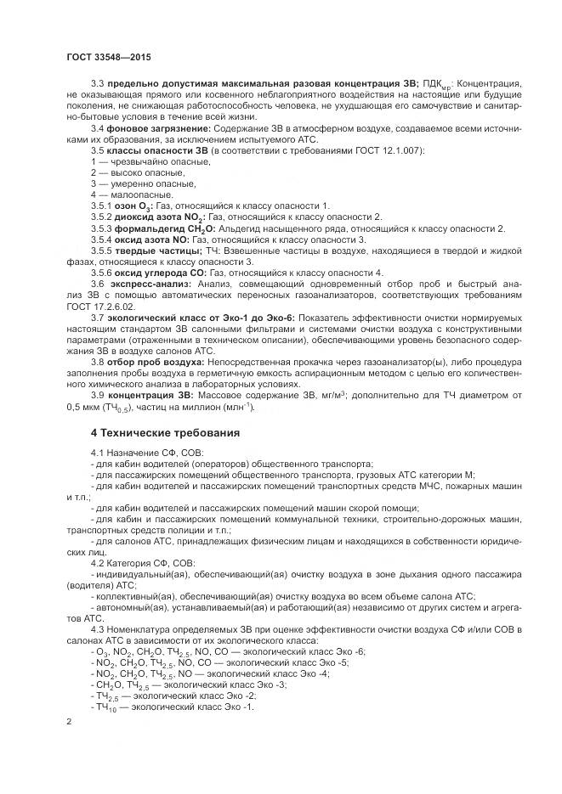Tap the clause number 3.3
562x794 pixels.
97,83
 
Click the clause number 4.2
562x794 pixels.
97,562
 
